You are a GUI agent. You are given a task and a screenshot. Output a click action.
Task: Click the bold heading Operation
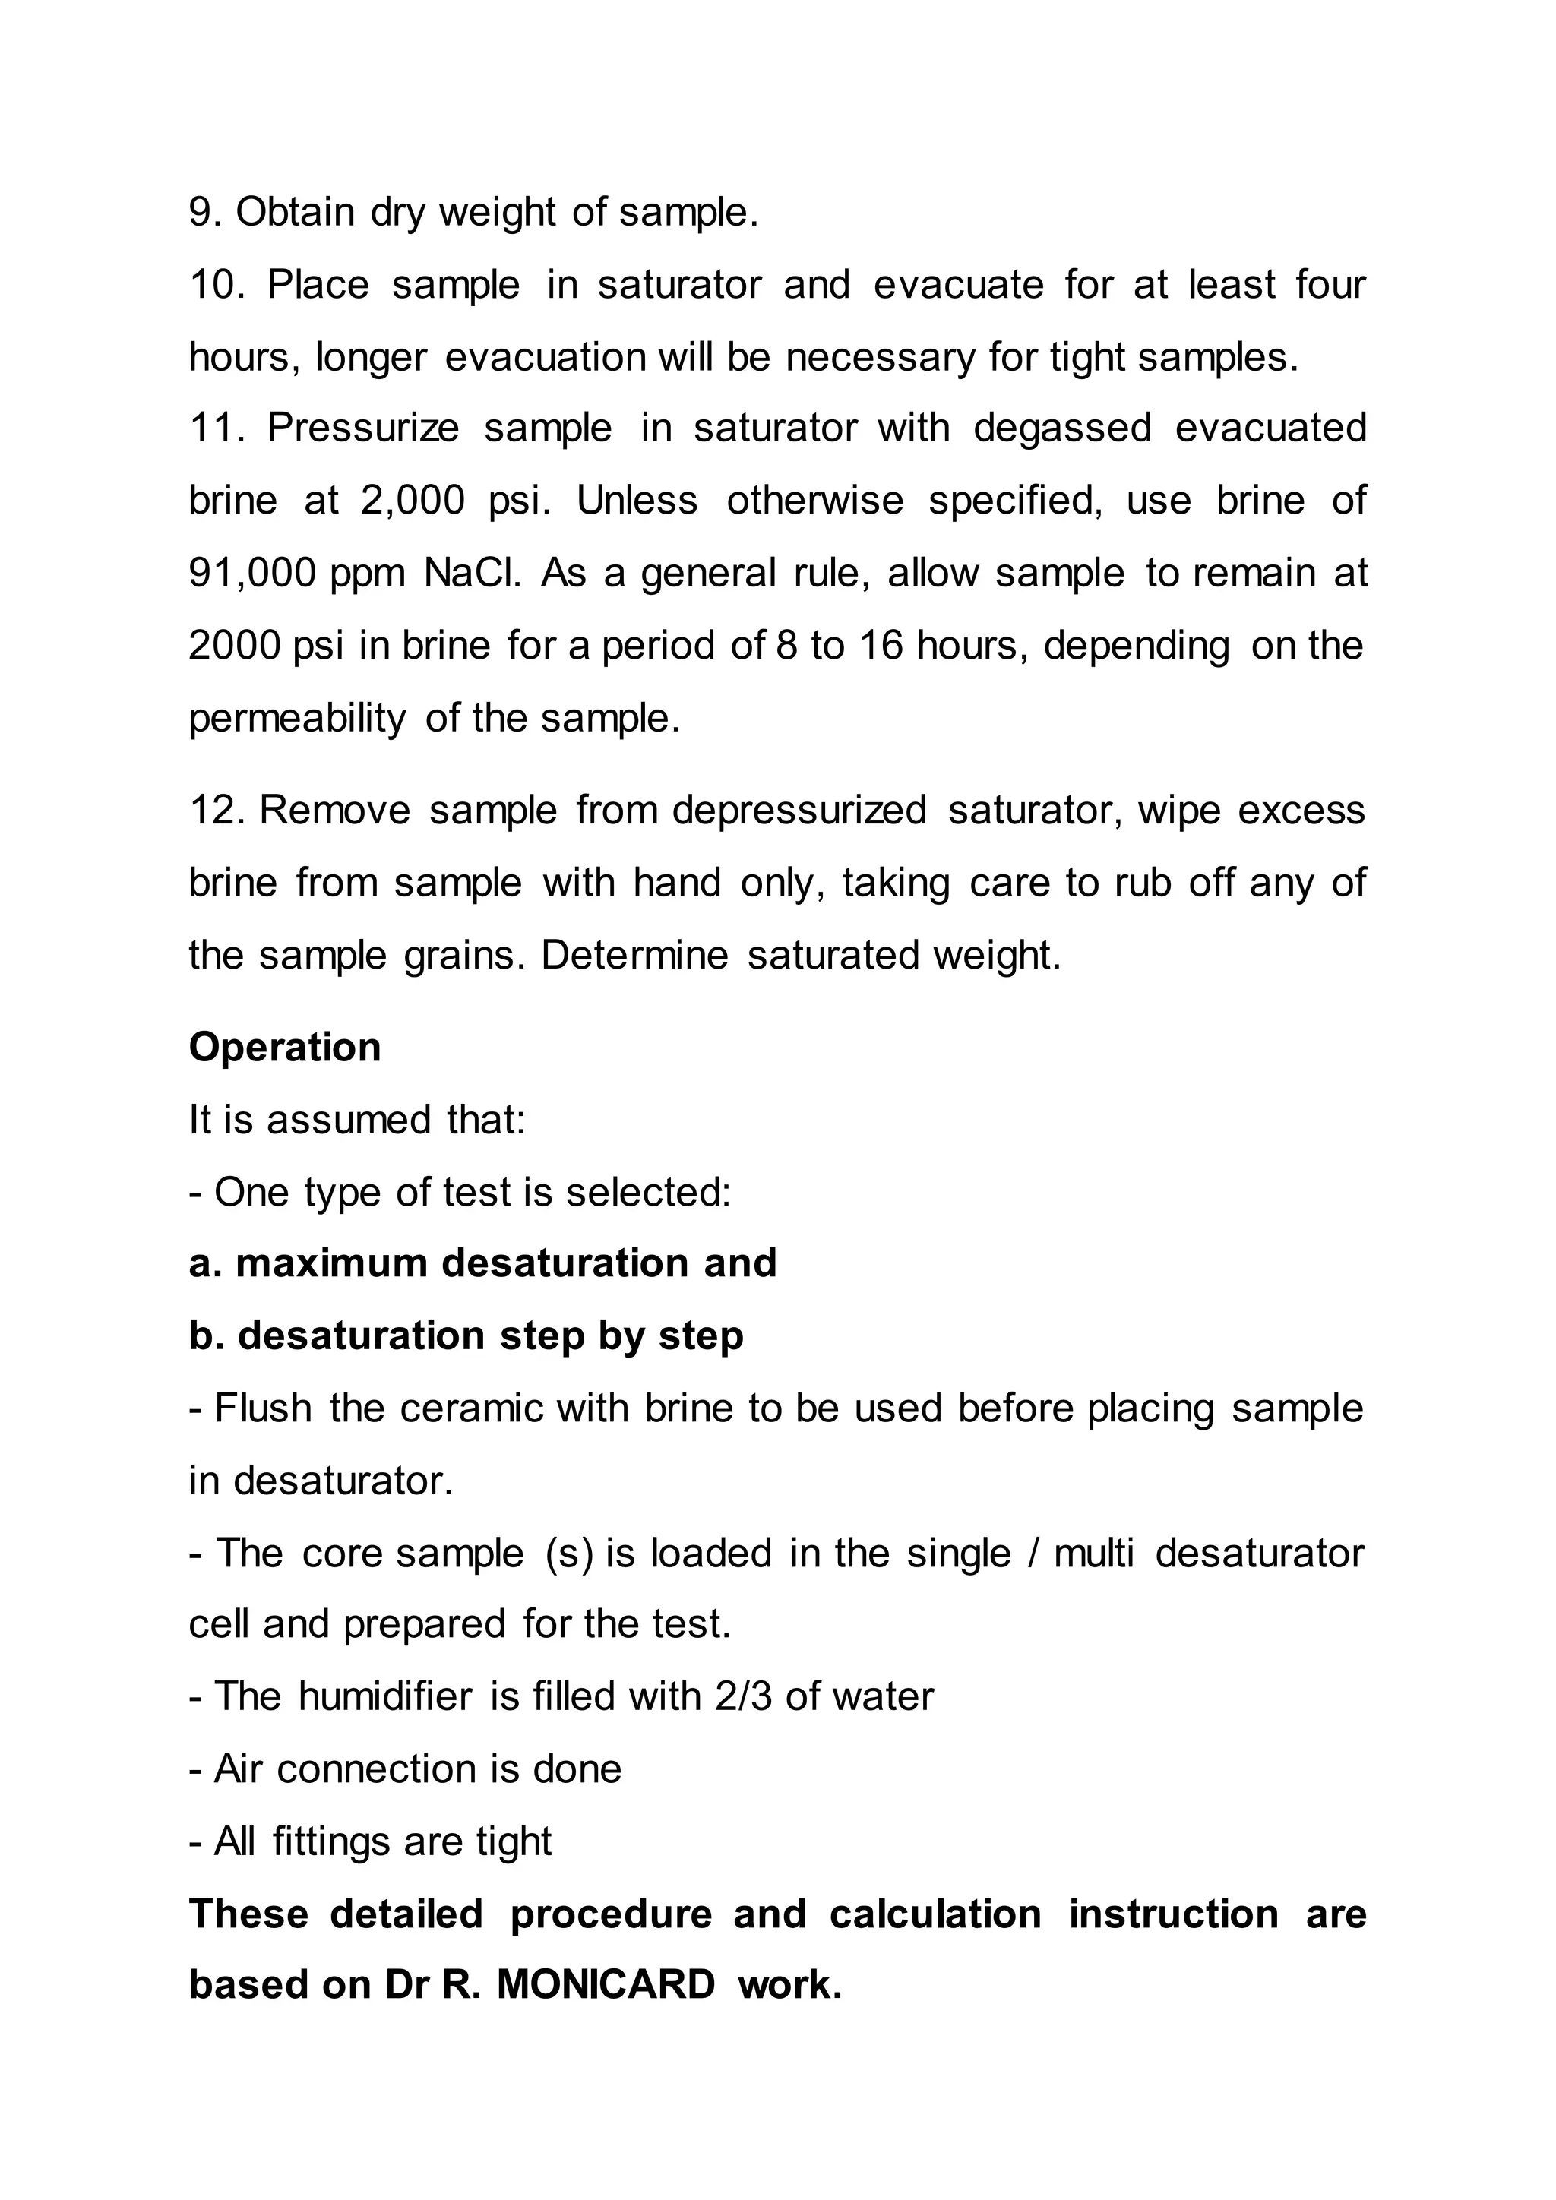[285, 1048]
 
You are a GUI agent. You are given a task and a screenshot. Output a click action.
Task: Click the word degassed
[1061, 428]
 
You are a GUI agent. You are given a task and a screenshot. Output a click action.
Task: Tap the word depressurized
[799, 811]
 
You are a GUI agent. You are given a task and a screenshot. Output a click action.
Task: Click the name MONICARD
[606, 1984]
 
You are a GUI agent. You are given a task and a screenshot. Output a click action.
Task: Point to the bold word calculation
[935, 1914]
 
